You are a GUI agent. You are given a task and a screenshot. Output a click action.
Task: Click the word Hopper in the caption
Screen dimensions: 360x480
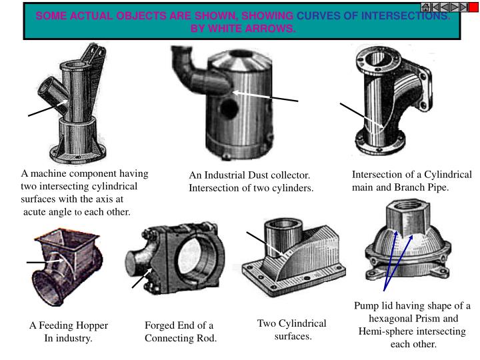click(92, 325)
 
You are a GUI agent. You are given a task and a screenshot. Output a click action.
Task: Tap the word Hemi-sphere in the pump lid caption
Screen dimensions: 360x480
click(386, 331)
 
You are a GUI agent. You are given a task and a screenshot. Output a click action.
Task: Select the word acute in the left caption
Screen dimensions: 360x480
click(38, 211)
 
